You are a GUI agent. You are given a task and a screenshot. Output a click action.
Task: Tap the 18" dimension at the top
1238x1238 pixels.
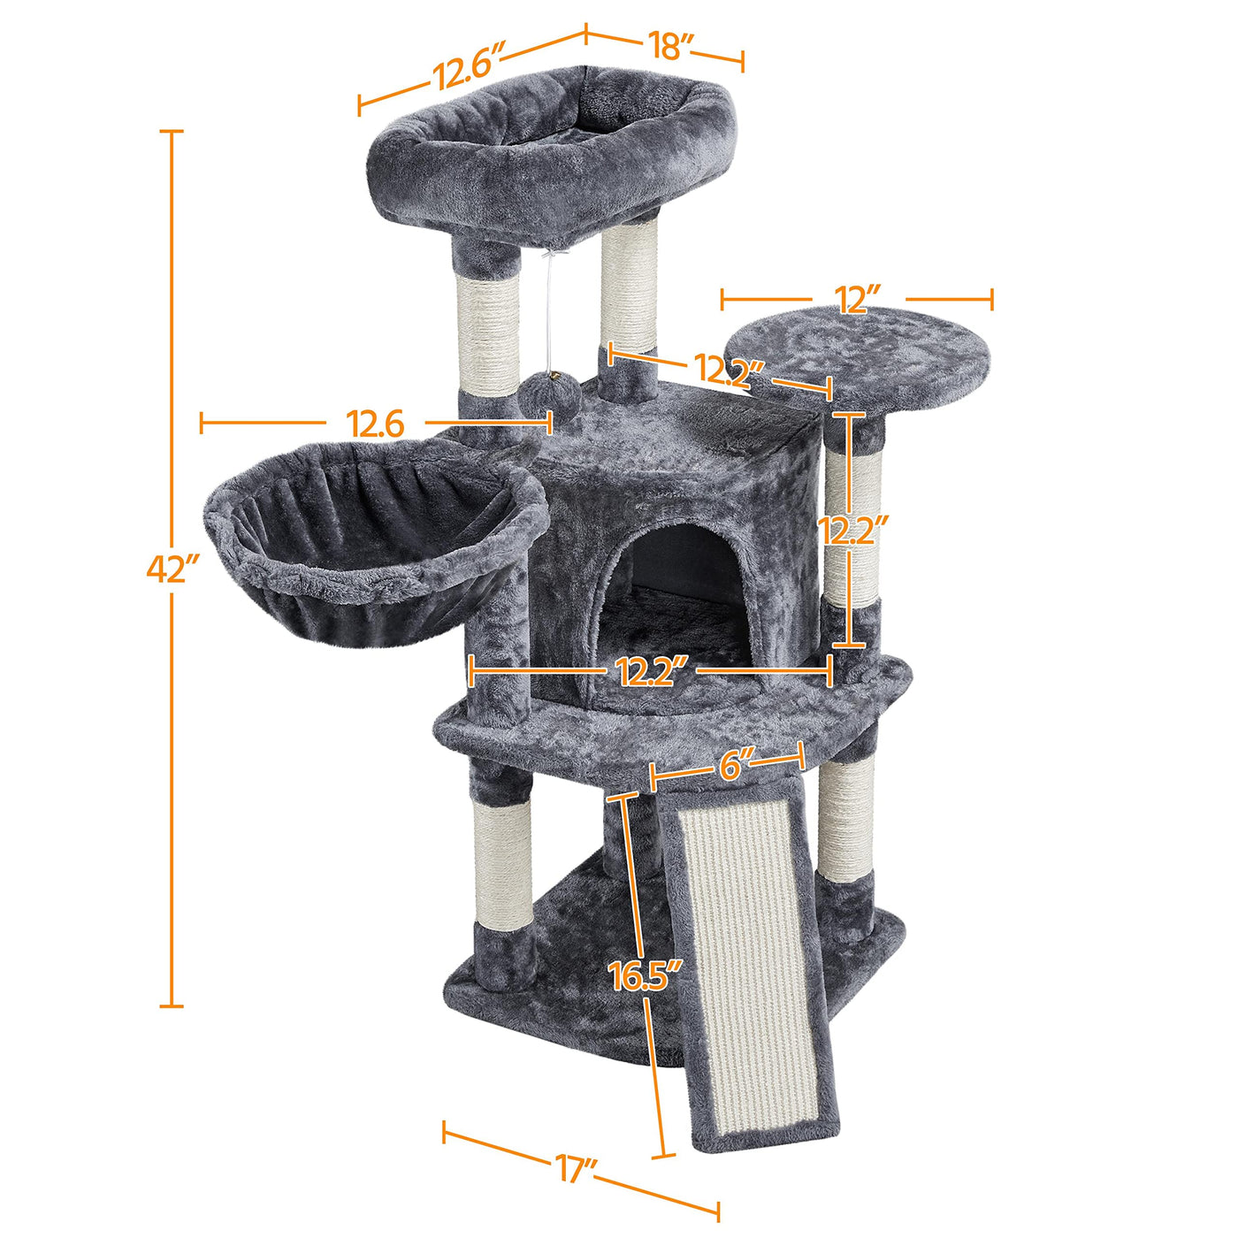pyautogui.click(x=670, y=46)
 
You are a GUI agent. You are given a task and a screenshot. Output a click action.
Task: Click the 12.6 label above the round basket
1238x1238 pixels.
pyautogui.click(x=375, y=424)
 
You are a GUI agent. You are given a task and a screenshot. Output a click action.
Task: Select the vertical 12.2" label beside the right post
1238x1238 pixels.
pyautogui.click(x=852, y=531)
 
